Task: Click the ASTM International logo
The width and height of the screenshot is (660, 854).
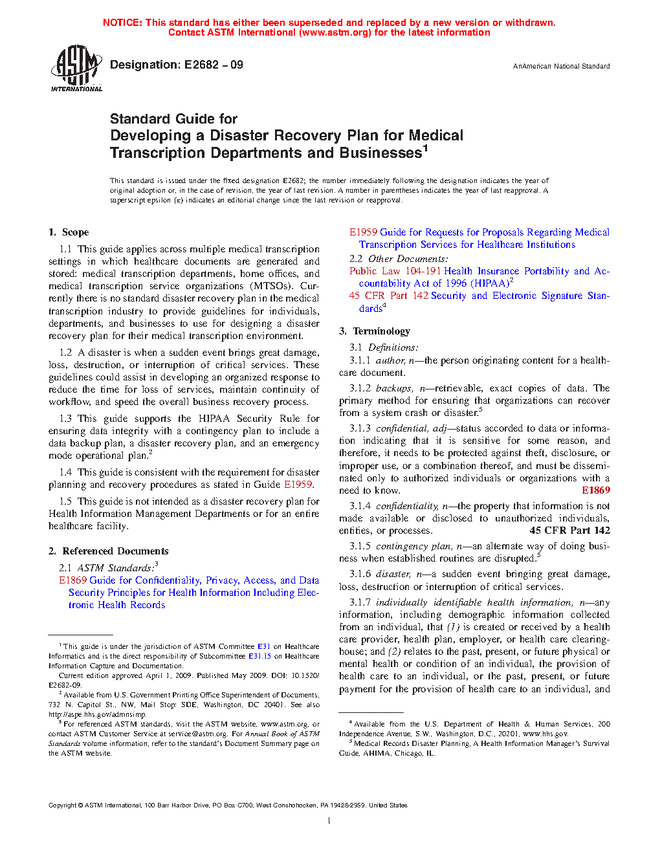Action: point(76,69)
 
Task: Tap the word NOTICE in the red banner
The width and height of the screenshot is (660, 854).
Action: point(122,23)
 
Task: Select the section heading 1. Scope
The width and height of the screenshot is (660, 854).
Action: point(69,232)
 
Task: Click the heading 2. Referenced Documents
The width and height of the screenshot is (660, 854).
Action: point(109,551)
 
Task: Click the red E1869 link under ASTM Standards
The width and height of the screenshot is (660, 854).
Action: point(72,580)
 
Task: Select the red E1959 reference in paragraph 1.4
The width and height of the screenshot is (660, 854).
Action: point(298,485)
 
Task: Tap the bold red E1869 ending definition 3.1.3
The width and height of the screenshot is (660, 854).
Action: point(595,490)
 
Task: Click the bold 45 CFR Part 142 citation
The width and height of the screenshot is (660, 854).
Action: point(569,531)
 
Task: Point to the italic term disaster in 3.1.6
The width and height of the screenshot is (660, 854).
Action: point(393,574)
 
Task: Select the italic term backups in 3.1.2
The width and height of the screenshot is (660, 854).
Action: point(393,388)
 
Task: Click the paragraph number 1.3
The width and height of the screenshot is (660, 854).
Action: point(65,419)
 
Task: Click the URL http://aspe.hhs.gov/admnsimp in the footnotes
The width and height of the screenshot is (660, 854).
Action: point(97,714)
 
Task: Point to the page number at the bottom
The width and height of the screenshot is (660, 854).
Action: point(329,821)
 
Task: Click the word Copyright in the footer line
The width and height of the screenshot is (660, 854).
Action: point(62,805)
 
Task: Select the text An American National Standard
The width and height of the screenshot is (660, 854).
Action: point(561,66)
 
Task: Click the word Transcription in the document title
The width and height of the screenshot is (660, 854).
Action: point(149,153)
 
